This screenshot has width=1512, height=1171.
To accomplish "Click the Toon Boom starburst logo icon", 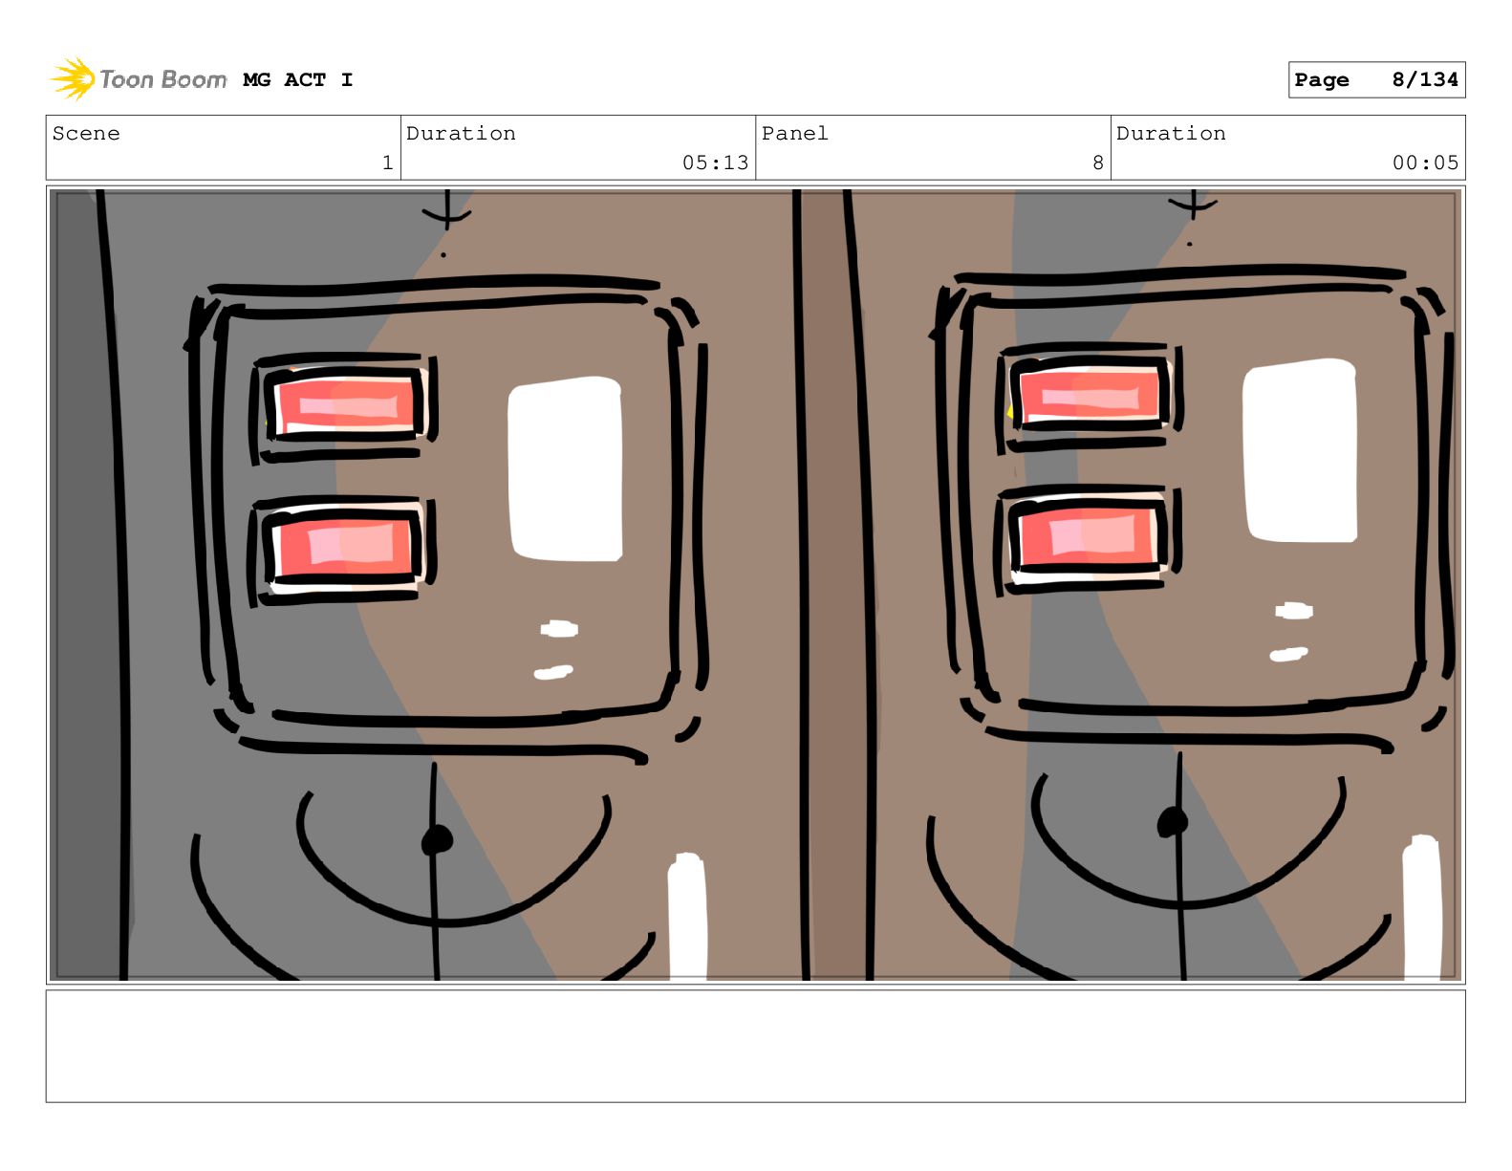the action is [x=73, y=78].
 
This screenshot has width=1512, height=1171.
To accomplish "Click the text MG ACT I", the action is [x=298, y=80].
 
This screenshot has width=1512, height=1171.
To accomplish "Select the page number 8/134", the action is [x=1424, y=80].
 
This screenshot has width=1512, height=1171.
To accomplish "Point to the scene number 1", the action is [x=388, y=163].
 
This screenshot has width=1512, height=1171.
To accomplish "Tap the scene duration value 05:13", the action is [x=715, y=163].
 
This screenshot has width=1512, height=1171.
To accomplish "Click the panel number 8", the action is [x=1097, y=163].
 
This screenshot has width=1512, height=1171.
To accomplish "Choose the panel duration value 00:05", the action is [x=1424, y=163].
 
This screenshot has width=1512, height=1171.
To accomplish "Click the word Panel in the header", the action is [x=794, y=133].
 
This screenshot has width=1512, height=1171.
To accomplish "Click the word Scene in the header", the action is [x=86, y=133].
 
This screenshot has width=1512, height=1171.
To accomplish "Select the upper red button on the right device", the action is [x=1090, y=393].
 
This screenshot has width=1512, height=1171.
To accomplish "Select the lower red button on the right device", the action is [x=1088, y=535].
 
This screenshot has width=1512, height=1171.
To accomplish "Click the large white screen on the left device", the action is [x=565, y=468].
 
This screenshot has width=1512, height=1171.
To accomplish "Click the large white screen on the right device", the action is [x=1299, y=450].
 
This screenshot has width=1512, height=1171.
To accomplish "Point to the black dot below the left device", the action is [x=437, y=840].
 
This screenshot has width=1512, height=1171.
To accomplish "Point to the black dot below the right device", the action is [x=1172, y=822].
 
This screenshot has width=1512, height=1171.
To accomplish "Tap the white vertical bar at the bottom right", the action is [x=1421, y=907].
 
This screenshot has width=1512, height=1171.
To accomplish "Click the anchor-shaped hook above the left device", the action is [x=446, y=208].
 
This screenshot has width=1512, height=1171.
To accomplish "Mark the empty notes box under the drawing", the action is [x=755, y=1046].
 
